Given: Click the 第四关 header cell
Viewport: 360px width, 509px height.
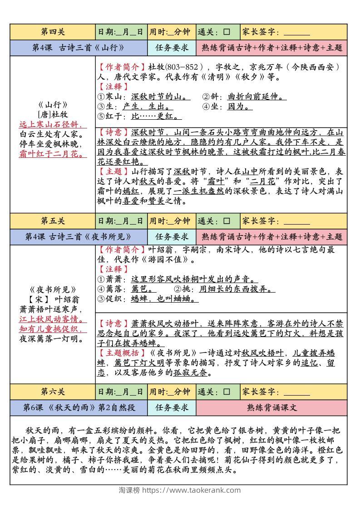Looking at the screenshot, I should click(53, 32).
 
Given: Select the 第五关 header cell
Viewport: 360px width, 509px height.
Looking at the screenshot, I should click(53, 221).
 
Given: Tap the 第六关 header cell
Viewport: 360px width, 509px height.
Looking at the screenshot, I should click(53, 392).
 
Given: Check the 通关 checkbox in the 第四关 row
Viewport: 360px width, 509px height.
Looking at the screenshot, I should click(227, 32).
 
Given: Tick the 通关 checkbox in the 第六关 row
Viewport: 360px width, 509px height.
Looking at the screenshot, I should click(227, 392).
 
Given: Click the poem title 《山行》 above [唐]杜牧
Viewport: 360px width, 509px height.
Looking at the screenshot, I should click(53, 104).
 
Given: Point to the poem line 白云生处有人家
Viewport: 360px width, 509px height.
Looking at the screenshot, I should click(53, 134).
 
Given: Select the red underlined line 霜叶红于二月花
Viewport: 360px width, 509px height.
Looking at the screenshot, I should click(53, 154).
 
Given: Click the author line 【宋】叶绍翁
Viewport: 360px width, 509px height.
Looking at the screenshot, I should click(53, 299).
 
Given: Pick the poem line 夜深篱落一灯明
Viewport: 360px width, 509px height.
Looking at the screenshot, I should click(53, 338).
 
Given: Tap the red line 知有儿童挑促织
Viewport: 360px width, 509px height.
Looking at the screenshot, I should click(53, 329).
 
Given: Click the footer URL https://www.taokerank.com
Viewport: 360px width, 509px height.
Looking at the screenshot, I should click(192, 490).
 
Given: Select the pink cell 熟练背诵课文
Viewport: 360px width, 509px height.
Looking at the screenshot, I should click(272, 407).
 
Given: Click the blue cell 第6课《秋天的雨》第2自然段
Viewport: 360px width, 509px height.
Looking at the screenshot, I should click(79, 407).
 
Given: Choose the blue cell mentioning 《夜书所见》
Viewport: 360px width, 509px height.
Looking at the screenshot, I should click(79, 236).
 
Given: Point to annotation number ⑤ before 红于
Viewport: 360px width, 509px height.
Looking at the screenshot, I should click(101, 117).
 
